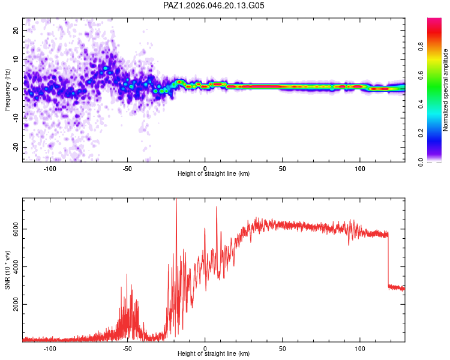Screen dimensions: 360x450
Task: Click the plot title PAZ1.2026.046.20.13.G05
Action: pos(214,5)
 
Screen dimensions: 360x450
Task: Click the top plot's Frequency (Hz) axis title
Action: pos(7,89)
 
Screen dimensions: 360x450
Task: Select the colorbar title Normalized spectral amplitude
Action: pos(445,90)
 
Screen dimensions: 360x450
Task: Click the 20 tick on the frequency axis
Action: pos(17,31)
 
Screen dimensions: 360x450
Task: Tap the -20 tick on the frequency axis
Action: pos(16,147)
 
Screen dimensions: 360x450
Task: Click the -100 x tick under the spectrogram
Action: pos(50,168)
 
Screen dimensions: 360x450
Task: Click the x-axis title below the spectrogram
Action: pos(214,174)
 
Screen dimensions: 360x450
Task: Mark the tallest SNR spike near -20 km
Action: pos(176,201)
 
